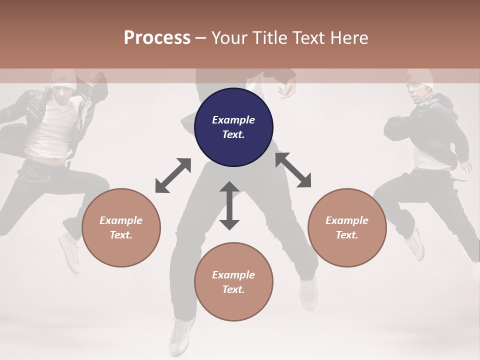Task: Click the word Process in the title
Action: coord(157,38)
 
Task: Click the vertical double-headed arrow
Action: coord(229,205)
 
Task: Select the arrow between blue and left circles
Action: coord(173,175)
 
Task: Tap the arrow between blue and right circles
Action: coord(293,170)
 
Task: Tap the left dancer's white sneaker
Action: coord(69,252)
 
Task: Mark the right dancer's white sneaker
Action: coord(414,244)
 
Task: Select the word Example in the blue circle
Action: coord(233,120)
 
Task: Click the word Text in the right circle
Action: coord(346,235)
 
